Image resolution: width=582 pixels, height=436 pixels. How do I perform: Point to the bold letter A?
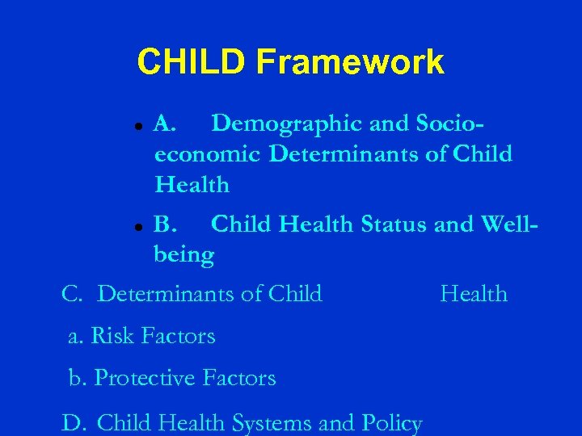pos(164,124)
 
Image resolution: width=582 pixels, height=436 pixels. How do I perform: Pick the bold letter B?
pos(164,224)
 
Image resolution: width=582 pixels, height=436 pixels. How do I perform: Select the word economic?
pos(209,154)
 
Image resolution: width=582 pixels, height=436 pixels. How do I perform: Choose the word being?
pos(184,256)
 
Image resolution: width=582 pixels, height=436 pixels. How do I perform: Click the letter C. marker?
pos(72,294)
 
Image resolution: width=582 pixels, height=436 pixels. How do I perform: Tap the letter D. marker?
pos(73,423)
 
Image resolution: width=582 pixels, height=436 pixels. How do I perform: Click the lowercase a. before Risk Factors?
pos(76,336)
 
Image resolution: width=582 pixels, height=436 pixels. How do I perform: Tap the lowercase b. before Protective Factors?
pos(78,378)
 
